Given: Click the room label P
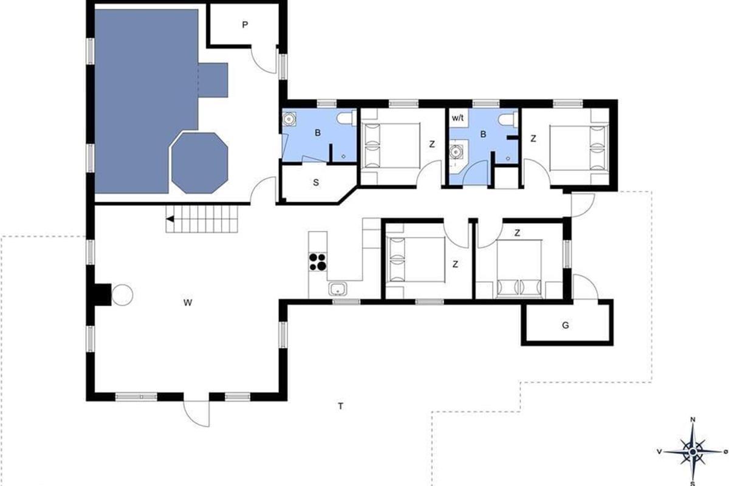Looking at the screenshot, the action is coord(245,25).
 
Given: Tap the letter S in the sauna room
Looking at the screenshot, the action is coord(316,183).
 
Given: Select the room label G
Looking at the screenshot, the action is coord(566,325).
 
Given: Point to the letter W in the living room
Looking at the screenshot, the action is coord(188,303).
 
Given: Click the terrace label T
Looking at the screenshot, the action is coord(340,406).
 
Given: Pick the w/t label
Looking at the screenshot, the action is coord(457,118).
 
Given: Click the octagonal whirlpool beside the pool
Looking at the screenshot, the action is coord(199,163).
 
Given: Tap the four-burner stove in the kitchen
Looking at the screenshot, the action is coord(318,262).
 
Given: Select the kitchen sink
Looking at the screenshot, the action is coord(338,289).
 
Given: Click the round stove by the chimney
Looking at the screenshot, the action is coord(122,295).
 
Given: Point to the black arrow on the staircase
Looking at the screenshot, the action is coord(170,219).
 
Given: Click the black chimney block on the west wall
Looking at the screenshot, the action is coord(103,295).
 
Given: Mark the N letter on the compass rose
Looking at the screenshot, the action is coord(693,420).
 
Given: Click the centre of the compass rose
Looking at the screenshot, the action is coord(693,452).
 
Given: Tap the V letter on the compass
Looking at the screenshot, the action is coord(659,451).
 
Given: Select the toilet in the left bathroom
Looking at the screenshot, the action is coord(346,118).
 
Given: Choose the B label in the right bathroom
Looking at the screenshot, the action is coord(483,134).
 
